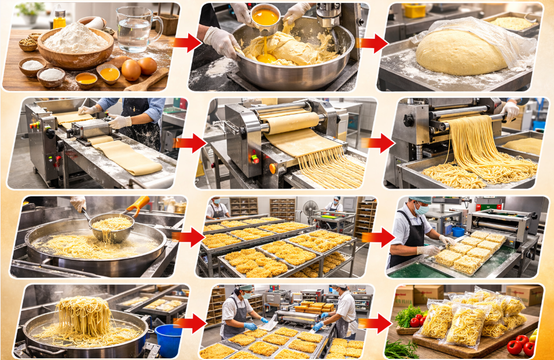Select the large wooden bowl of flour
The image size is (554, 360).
(75, 46)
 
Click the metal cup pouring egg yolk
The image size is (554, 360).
(266, 16)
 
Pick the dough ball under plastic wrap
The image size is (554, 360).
(461, 52)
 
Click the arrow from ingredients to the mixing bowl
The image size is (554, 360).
(186, 42)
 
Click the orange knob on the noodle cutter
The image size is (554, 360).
(273, 168)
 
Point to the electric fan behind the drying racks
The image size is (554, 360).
(309, 208)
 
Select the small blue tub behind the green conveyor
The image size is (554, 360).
(458, 232)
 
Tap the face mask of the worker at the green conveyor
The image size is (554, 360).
(421, 211)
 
